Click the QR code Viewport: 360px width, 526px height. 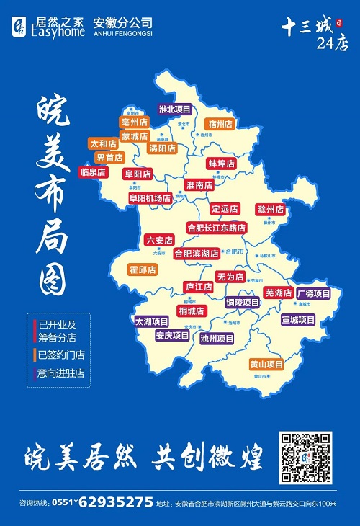tap(306, 458)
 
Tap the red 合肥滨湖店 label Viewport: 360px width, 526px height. tap(197, 254)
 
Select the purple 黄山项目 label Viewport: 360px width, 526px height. tap(266, 364)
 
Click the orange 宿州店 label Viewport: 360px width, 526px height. tap(220, 124)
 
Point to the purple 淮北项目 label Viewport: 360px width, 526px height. tap(175, 110)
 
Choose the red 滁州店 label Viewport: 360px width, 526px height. tap(270, 210)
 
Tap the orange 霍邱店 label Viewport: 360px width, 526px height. tap(143, 269)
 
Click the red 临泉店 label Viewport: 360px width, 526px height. tap(93, 173)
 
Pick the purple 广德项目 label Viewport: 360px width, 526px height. tap(314, 293)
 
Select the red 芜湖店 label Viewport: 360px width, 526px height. tap(278, 293)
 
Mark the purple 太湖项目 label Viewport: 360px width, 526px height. tap(152, 321)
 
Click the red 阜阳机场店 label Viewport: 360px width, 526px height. tap(150, 197)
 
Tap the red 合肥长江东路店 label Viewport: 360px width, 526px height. tap(216, 227)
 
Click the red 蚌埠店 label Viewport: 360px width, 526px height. tap(221, 164)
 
